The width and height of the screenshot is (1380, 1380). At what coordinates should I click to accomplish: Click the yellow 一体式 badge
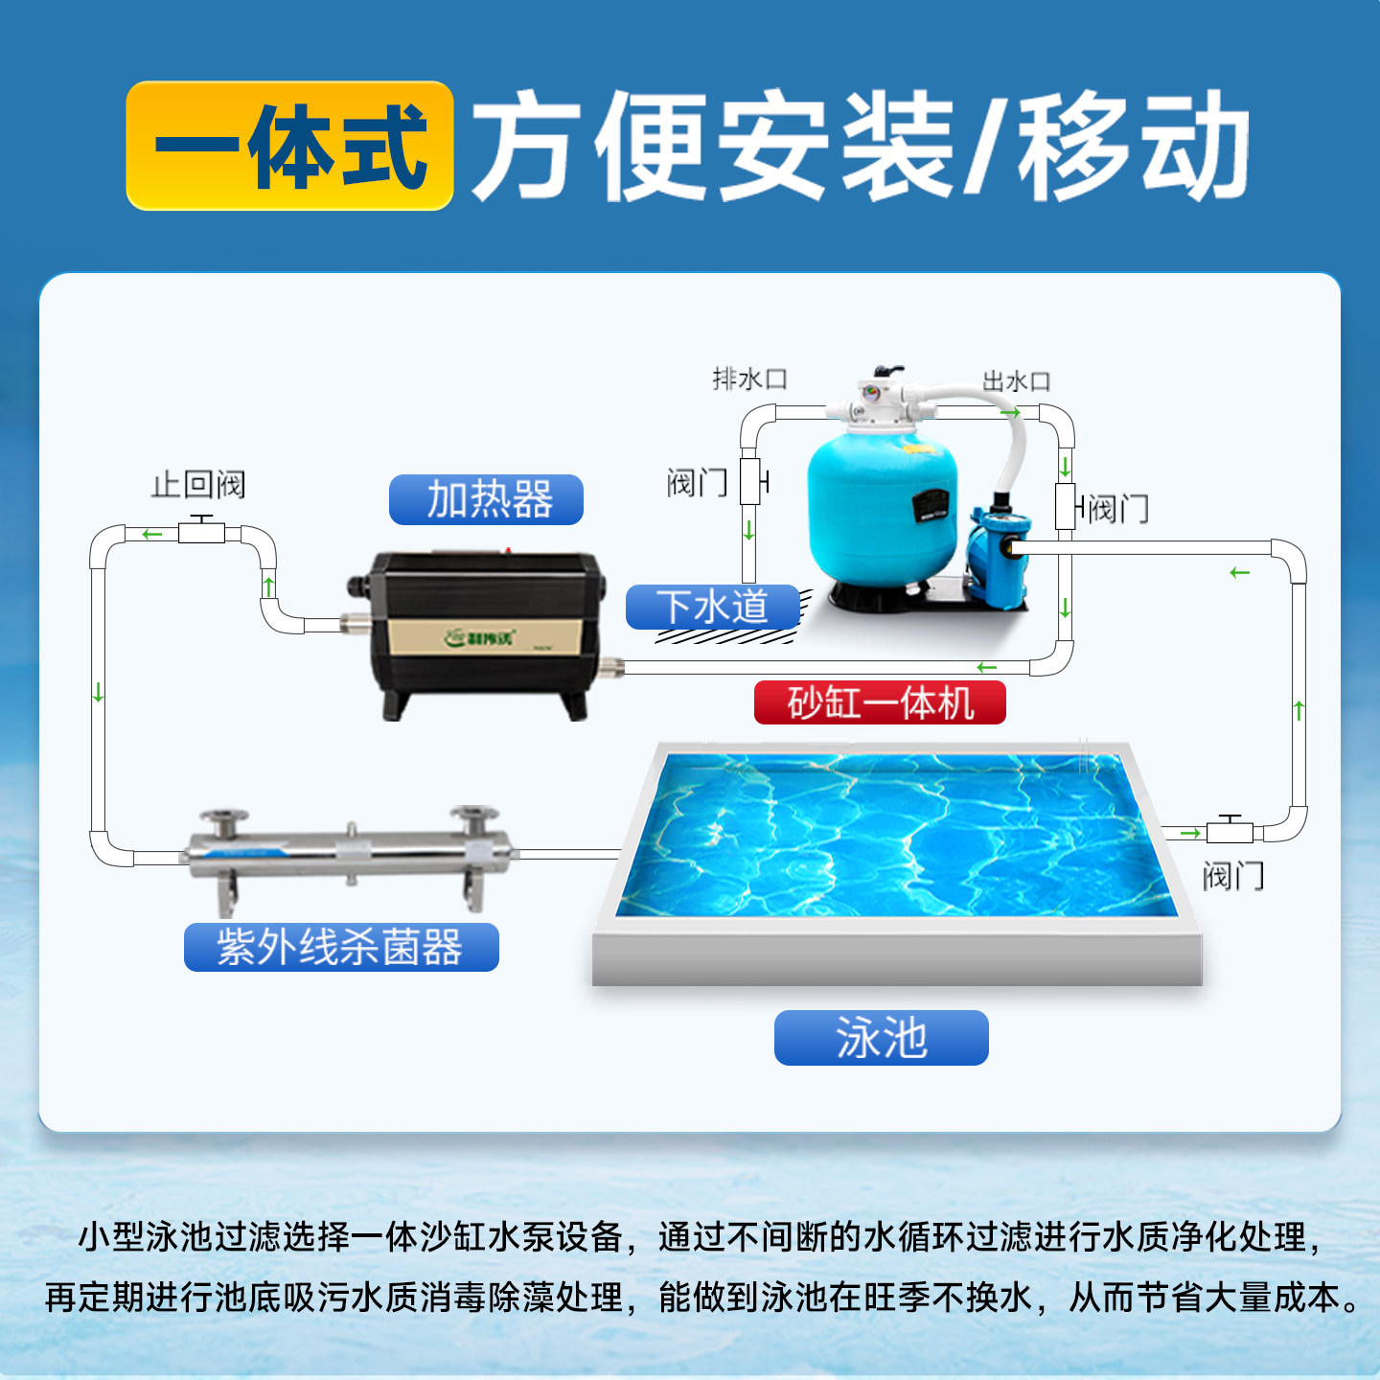point(289,146)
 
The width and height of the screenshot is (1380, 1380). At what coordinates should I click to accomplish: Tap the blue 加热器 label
point(486,499)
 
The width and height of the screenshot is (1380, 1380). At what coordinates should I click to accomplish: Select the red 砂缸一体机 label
point(880,702)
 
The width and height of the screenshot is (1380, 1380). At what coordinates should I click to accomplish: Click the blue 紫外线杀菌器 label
point(341,947)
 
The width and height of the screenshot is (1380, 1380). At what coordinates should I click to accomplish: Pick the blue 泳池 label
point(881,1037)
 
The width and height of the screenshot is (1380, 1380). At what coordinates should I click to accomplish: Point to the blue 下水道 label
point(712,607)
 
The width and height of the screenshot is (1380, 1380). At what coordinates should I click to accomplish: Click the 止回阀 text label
point(198,484)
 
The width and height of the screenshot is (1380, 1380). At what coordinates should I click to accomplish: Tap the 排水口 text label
point(749,379)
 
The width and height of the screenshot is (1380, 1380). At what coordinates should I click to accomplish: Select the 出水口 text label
point(1017,381)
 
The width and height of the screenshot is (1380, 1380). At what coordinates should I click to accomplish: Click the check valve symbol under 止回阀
point(201,530)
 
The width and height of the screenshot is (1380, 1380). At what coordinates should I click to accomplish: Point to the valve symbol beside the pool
point(1230,829)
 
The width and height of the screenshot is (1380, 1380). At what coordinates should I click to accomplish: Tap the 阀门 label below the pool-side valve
point(1233,875)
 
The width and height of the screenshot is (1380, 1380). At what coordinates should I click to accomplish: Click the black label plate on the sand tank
point(930,505)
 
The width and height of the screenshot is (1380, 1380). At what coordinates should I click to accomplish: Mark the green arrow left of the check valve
point(151,534)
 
